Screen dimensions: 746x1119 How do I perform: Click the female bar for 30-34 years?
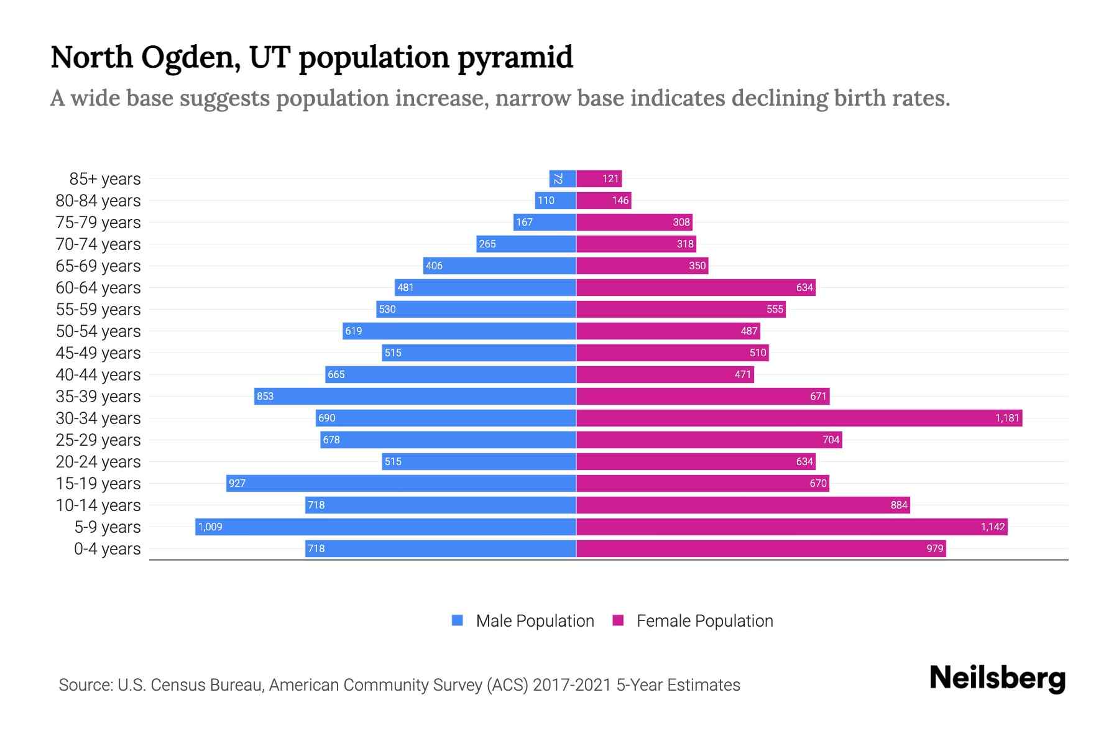[x=799, y=418]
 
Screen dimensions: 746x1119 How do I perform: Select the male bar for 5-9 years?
[x=385, y=527]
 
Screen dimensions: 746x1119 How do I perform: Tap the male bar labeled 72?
[x=562, y=178]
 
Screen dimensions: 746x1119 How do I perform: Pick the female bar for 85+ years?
[x=599, y=178]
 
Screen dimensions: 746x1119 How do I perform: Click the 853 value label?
[x=265, y=396]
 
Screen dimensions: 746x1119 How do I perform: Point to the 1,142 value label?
[x=992, y=527]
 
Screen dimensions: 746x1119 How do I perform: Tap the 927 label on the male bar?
[x=237, y=483]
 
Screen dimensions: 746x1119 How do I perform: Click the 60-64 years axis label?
[x=98, y=287]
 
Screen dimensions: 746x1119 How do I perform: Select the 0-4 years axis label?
[x=107, y=548]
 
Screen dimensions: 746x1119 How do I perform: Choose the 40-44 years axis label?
[x=98, y=374]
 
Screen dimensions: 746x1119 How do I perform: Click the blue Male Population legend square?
[x=458, y=620]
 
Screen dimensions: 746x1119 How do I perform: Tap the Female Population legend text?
[x=704, y=620]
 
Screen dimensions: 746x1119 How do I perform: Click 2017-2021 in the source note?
[x=571, y=684]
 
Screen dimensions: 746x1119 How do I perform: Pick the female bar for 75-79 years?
[x=634, y=222]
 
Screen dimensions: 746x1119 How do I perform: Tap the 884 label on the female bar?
[x=898, y=505]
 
